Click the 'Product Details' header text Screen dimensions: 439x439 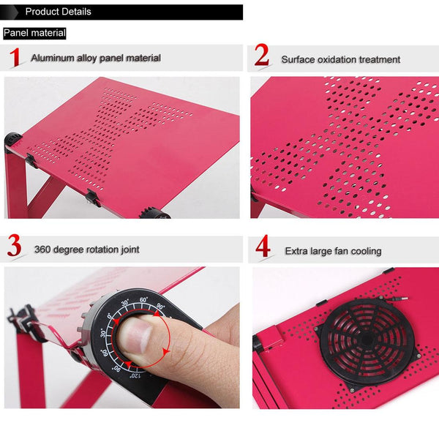58,12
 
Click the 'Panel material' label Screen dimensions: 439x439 34,33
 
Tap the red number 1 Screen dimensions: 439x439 15,58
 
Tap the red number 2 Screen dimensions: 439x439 262,56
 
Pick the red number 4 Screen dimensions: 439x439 263,247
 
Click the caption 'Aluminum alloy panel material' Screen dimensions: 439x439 95,58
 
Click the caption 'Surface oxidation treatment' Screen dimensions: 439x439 341,59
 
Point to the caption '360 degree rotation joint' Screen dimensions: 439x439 86,249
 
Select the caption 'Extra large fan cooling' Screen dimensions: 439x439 333,251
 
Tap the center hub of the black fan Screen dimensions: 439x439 368,343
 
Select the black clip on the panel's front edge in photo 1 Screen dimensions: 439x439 92,197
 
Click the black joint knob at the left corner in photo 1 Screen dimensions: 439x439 14,138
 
